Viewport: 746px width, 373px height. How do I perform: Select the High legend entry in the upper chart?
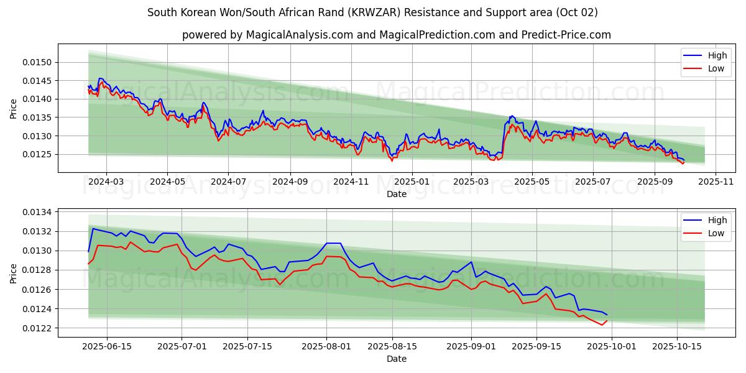[x=717, y=55]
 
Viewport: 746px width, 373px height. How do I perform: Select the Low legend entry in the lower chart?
[x=717, y=233]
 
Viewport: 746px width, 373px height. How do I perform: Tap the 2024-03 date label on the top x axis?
[x=106, y=182]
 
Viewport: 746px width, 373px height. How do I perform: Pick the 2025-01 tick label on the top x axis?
[x=412, y=182]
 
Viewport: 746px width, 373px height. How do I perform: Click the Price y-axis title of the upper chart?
[x=14, y=108]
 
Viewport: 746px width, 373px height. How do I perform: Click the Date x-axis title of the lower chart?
[x=397, y=359]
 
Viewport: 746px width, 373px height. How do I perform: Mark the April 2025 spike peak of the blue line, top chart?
[x=512, y=116]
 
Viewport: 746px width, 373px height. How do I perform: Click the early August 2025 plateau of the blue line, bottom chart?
[x=334, y=243]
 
